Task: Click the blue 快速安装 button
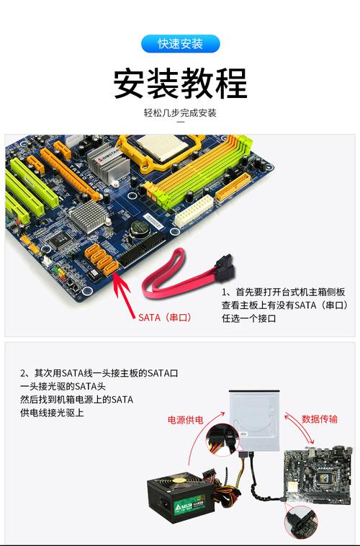click(180, 43)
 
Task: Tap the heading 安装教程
click(180, 84)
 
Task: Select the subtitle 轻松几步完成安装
click(180, 113)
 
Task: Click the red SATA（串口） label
click(165, 317)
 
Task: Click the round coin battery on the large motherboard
click(141, 228)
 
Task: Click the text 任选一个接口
click(248, 318)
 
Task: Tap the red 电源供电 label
click(186, 419)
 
